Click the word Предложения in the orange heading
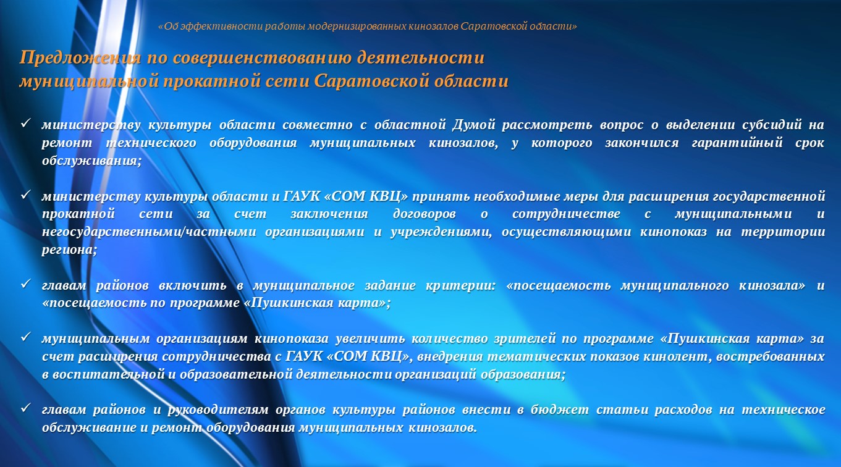[x=80, y=58]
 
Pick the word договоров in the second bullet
[x=425, y=214]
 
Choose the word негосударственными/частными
[x=149, y=232]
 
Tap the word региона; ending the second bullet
[x=69, y=250]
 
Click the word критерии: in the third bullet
[x=461, y=285]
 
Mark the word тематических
[x=536, y=356]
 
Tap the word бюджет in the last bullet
[x=559, y=410]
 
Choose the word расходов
[x=683, y=410]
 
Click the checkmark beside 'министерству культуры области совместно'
[x=25, y=123]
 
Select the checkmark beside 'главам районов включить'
[x=25, y=284]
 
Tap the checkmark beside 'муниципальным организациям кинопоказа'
[x=25, y=337]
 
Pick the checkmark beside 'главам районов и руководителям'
[x=25, y=408]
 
